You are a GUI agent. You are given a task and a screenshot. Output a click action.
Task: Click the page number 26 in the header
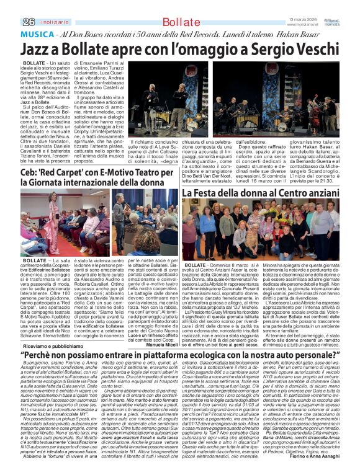(10, 22)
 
